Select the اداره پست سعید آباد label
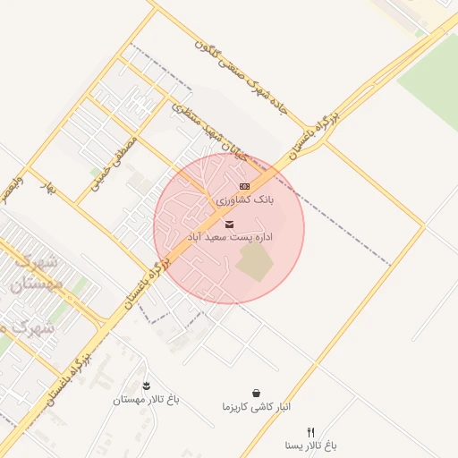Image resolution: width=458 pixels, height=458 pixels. pos(230,238)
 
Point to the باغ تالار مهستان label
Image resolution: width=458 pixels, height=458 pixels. pos(146,400)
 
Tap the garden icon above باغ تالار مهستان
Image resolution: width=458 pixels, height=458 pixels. pos(147,385)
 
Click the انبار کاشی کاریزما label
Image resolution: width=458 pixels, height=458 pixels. pos(257,407)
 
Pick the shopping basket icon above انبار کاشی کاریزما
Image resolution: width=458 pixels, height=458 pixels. pos(257,393)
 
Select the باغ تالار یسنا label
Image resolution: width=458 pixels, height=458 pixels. pos(310,445)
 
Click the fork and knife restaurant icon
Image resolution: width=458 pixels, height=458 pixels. pos(310,431)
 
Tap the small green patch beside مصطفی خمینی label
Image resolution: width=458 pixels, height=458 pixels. pos(96,171)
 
